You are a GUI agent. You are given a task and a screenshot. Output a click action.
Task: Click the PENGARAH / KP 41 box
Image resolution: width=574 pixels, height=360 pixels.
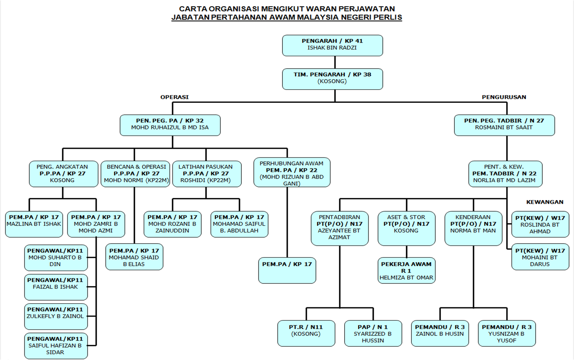tap(332, 45)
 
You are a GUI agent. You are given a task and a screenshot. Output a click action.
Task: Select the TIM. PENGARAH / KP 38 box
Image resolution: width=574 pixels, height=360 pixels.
tap(332, 79)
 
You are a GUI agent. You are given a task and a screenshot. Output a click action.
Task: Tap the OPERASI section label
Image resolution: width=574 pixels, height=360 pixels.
tap(174, 97)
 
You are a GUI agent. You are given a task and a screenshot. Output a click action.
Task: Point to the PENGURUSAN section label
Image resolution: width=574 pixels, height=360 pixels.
tap(504, 97)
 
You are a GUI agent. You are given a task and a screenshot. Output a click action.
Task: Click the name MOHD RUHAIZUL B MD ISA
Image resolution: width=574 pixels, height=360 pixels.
tap(170, 128)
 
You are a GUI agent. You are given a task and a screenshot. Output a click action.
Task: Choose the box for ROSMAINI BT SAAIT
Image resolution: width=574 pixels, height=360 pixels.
tap(504, 125)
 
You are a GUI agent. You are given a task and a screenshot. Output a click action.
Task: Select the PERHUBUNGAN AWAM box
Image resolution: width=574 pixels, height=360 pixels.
tap(292, 173)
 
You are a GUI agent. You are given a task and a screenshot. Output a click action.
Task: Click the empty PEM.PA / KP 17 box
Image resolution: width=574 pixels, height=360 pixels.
tap(287, 270)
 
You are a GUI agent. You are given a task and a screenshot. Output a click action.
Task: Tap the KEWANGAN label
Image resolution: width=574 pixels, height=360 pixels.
tap(544, 202)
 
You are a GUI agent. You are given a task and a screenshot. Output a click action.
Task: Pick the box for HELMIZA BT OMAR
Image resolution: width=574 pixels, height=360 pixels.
tap(406, 271)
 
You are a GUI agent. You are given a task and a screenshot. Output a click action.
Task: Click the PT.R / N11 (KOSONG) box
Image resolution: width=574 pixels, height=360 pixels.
tap(306, 333)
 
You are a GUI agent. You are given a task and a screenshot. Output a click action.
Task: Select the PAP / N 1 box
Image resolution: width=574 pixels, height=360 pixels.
tap(373, 333)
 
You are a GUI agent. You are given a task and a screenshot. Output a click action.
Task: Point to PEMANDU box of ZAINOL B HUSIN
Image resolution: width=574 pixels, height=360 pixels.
tap(440, 333)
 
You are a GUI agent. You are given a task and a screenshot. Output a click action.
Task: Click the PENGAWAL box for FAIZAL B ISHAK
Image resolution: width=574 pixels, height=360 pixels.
tap(55, 287)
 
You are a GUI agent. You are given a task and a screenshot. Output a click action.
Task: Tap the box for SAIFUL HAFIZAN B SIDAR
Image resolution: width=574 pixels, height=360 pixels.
tap(55, 345)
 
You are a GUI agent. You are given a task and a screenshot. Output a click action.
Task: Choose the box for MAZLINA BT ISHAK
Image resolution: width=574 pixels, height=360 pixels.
tap(34, 224)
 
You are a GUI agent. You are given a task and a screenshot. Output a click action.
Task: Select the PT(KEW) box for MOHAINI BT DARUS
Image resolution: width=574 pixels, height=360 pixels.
tap(540, 258)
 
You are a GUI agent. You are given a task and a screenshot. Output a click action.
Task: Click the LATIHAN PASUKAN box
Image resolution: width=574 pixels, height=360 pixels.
tap(205, 173)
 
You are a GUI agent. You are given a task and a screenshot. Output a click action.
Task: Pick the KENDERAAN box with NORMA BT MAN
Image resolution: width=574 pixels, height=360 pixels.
tap(473, 228)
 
